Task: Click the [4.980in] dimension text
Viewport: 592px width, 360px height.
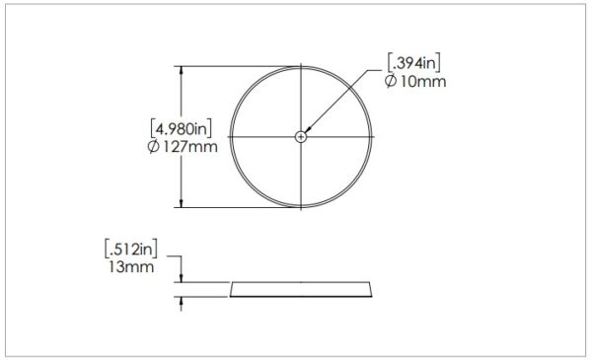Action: [x=181, y=128]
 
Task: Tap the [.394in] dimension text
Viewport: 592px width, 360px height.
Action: [x=414, y=63]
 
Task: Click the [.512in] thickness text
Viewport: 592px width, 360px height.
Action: [x=131, y=249]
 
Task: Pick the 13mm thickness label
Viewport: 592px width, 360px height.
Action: [x=131, y=267]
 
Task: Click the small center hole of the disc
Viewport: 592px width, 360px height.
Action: [x=301, y=137]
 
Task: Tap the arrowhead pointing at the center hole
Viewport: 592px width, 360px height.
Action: [x=308, y=129]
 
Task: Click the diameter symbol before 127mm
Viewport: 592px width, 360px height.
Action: [x=154, y=147]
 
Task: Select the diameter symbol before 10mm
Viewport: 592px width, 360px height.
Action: [x=391, y=81]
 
